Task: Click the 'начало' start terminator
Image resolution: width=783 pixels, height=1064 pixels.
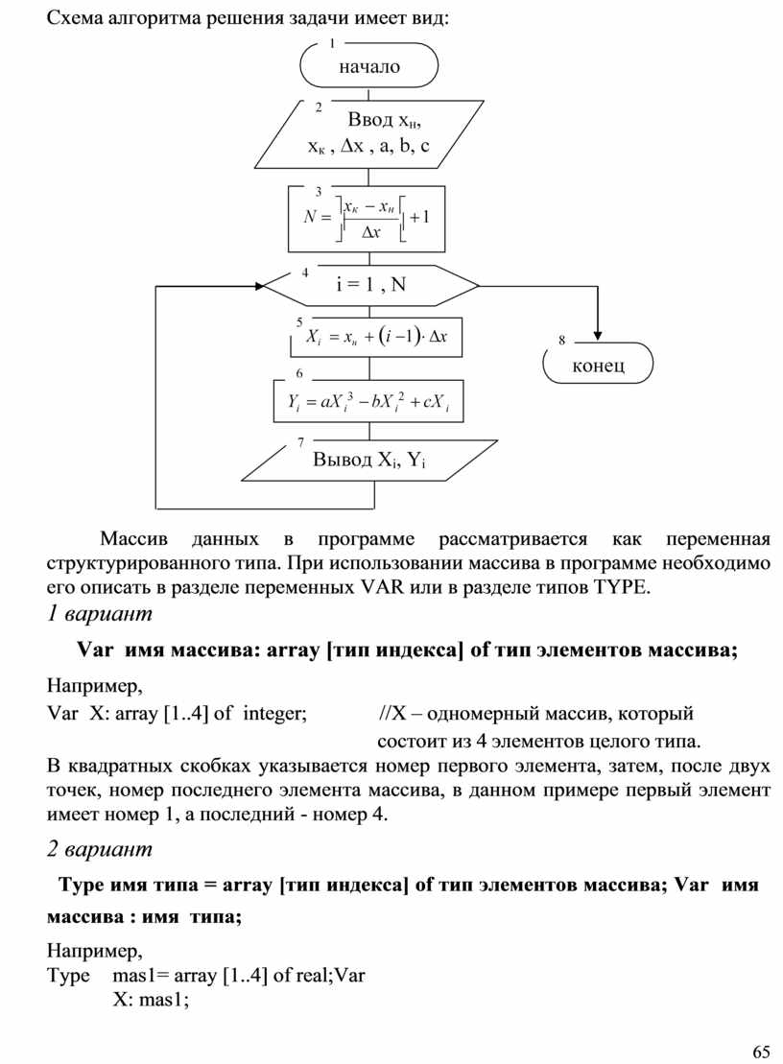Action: pyautogui.click(x=369, y=66)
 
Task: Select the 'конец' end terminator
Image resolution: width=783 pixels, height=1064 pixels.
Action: pyautogui.click(x=598, y=366)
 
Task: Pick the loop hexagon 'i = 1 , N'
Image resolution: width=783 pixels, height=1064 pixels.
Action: pyautogui.click(x=370, y=285)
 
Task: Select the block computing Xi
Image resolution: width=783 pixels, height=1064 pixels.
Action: pyautogui.click(x=376, y=336)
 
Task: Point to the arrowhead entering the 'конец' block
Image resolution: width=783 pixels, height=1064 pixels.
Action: pyautogui.click(x=597, y=335)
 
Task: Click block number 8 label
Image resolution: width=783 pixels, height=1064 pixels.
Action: pyautogui.click(x=562, y=341)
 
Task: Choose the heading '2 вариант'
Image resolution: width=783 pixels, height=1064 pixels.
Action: pyautogui.click(x=100, y=849)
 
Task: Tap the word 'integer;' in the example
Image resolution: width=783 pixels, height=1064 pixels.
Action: pyautogui.click(x=274, y=714)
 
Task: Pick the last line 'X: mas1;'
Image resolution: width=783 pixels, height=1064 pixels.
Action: pyautogui.click(x=151, y=1001)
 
